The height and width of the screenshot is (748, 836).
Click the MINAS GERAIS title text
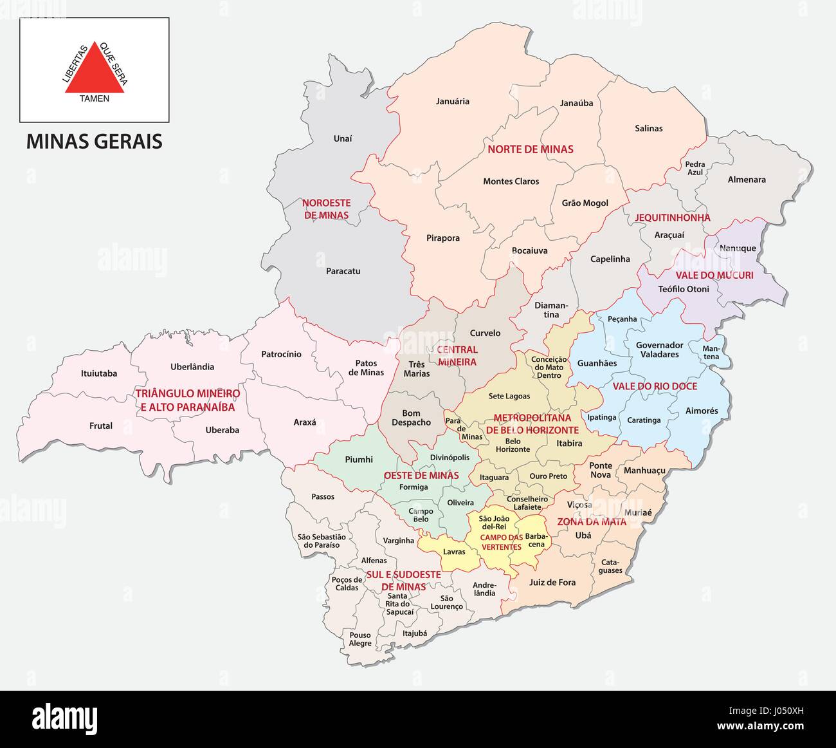point(94,142)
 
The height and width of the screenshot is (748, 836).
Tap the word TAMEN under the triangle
point(95,98)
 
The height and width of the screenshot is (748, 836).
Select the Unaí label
point(343,138)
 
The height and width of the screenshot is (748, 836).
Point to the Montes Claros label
point(511,182)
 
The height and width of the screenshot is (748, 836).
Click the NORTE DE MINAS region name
point(530,149)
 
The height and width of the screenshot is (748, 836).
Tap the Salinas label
point(648,128)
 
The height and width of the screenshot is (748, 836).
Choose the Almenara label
point(746,180)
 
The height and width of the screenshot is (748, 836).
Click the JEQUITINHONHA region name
point(673,218)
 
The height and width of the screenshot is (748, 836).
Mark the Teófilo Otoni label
point(684,289)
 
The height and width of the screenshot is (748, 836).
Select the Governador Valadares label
point(659,350)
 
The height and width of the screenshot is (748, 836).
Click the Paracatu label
point(343,271)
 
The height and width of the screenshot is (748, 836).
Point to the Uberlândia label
point(192,367)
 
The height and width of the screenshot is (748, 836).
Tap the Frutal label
point(101,425)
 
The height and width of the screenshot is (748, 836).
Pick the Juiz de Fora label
point(552,583)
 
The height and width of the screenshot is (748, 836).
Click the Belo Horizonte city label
point(513,445)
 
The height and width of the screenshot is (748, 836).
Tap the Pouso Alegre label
point(360,639)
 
